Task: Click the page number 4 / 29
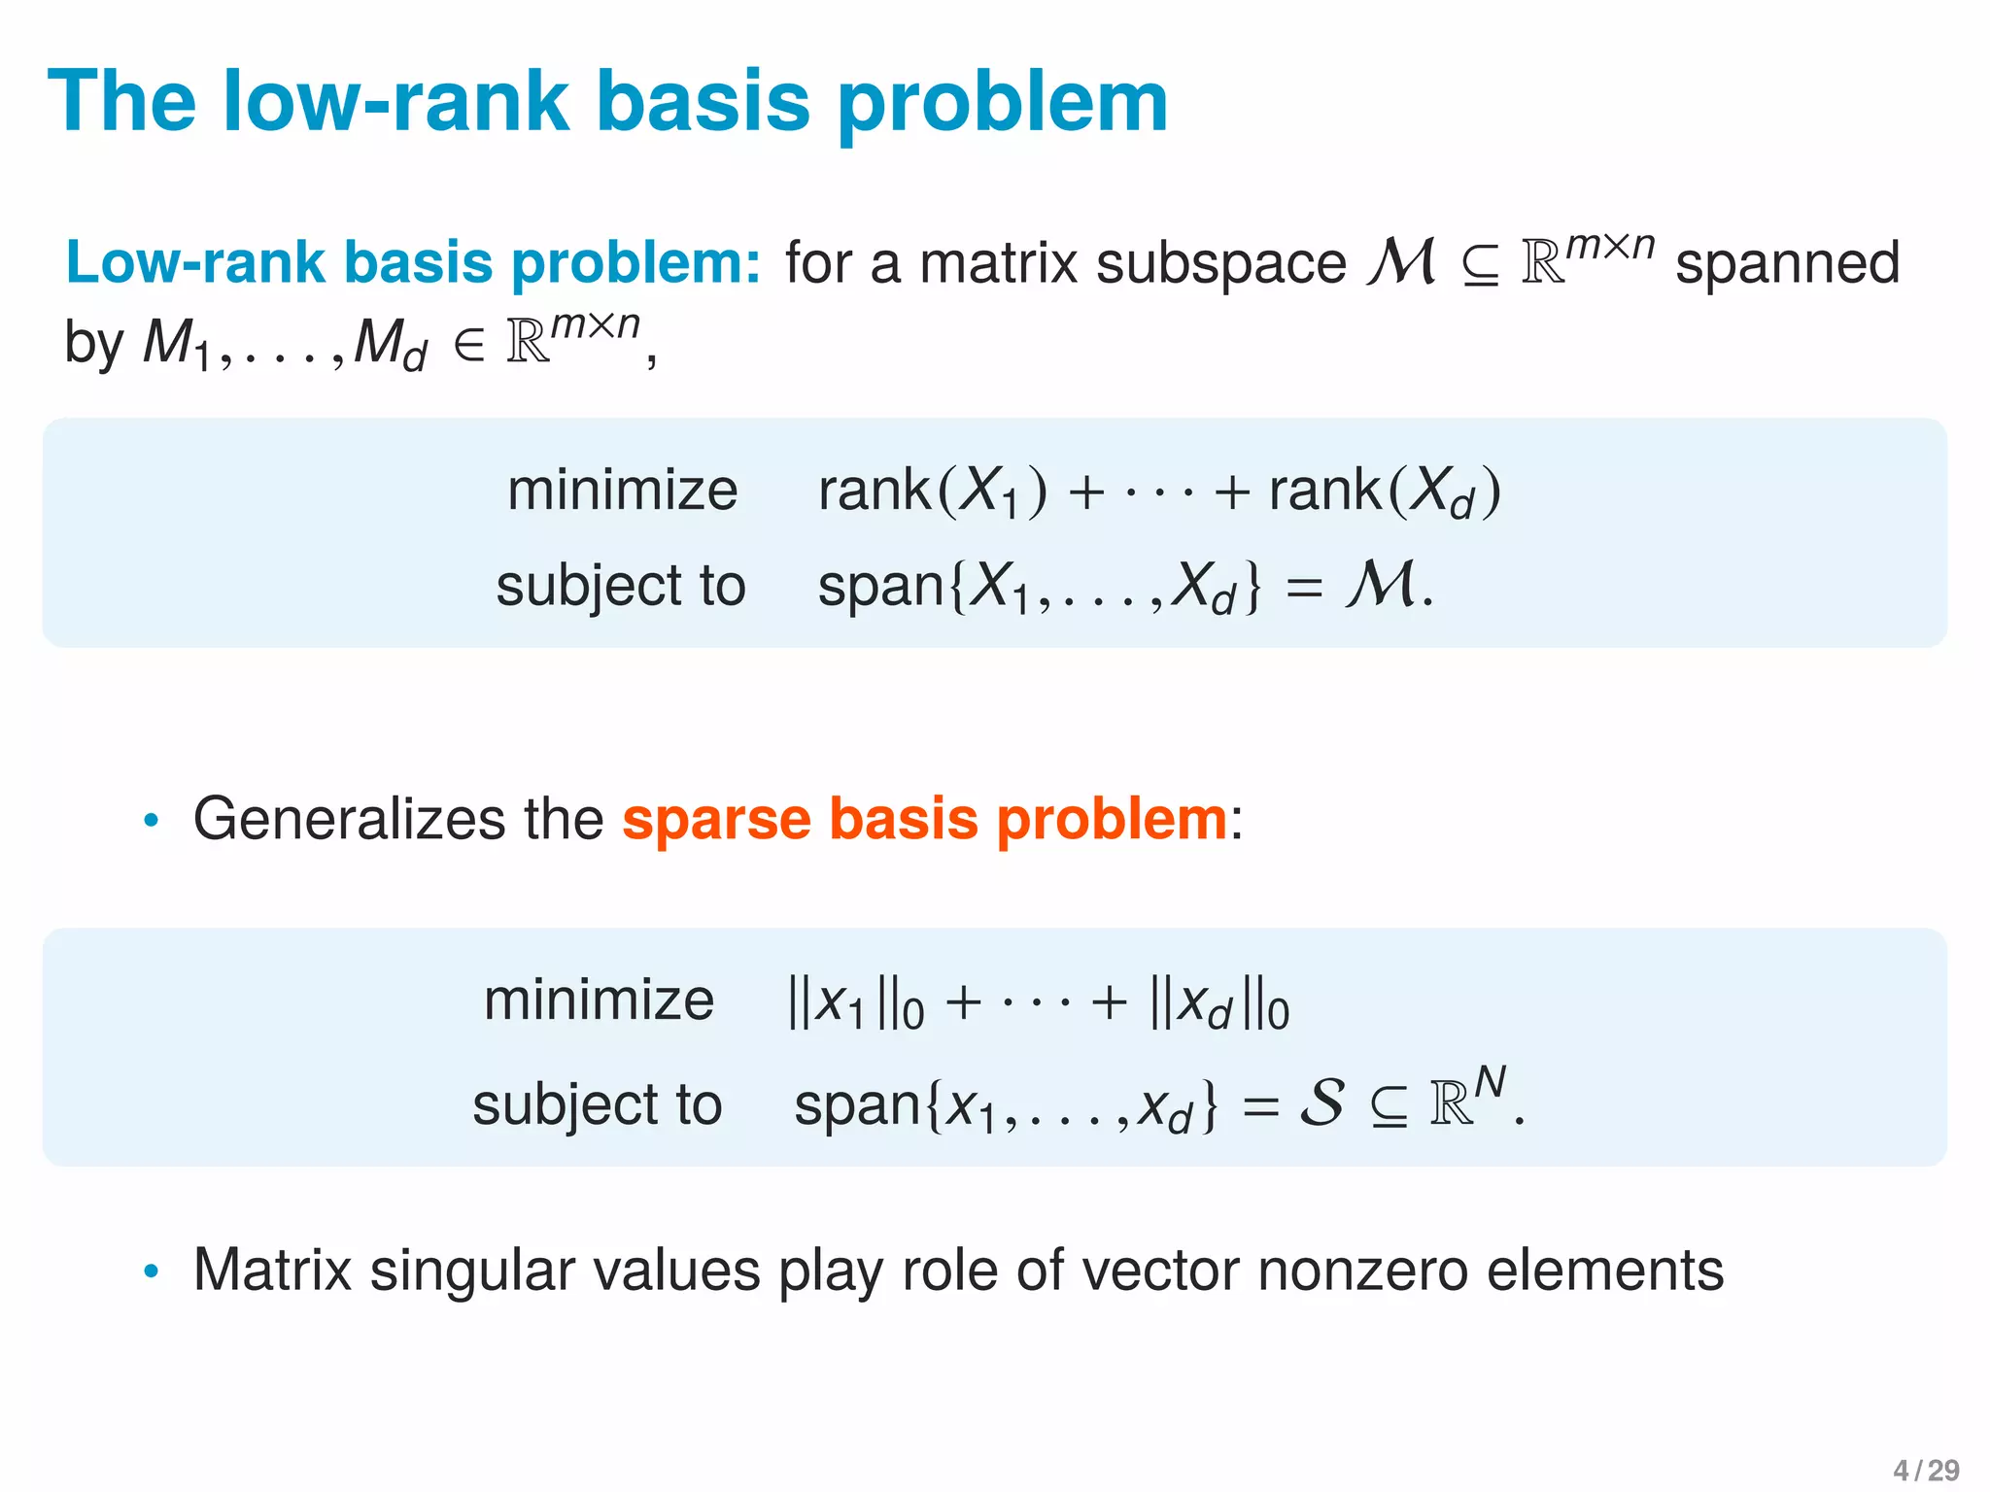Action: pos(1926,1470)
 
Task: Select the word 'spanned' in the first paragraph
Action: pos(1787,263)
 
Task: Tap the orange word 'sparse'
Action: pos(715,819)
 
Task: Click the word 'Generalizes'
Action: pos(349,819)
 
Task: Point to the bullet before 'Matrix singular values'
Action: pos(151,1271)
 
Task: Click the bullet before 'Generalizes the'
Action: pos(151,821)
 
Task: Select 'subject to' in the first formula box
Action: pos(620,586)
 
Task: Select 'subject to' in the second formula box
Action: pos(597,1104)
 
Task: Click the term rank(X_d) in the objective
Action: pos(1384,491)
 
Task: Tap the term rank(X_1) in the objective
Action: pos(932,491)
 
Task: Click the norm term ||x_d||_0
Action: pos(1218,1003)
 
